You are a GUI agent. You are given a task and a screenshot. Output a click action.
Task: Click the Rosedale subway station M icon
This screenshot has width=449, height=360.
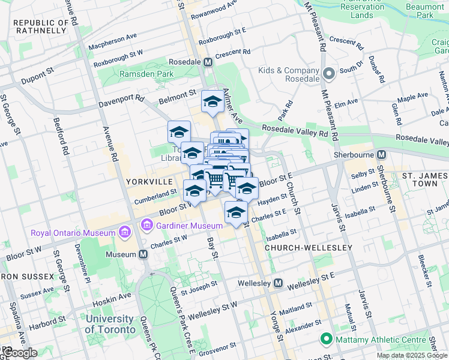tap(208, 62)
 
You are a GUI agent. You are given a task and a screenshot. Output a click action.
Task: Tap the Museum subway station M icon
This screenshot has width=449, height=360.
tap(143, 254)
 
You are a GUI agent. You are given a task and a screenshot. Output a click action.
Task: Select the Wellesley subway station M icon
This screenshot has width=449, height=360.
tap(279, 283)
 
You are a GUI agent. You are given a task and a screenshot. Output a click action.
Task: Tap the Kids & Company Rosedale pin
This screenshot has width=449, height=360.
tap(328, 74)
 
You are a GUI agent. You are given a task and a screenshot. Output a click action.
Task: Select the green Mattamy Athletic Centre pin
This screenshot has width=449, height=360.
tap(327, 340)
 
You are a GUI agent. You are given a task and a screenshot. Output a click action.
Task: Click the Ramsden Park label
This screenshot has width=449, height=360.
tap(137, 74)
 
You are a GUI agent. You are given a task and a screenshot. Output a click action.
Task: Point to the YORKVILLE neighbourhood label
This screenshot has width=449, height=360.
tap(149, 181)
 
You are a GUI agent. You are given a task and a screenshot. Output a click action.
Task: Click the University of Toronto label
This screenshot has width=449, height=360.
tap(110, 324)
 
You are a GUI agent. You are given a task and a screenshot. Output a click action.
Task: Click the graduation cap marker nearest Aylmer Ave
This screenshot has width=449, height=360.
tap(212, 102)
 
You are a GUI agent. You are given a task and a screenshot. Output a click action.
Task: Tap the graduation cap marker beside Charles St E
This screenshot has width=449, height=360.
tap(237, 213)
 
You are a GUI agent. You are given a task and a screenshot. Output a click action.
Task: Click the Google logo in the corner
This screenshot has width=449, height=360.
tap(20, 353)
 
